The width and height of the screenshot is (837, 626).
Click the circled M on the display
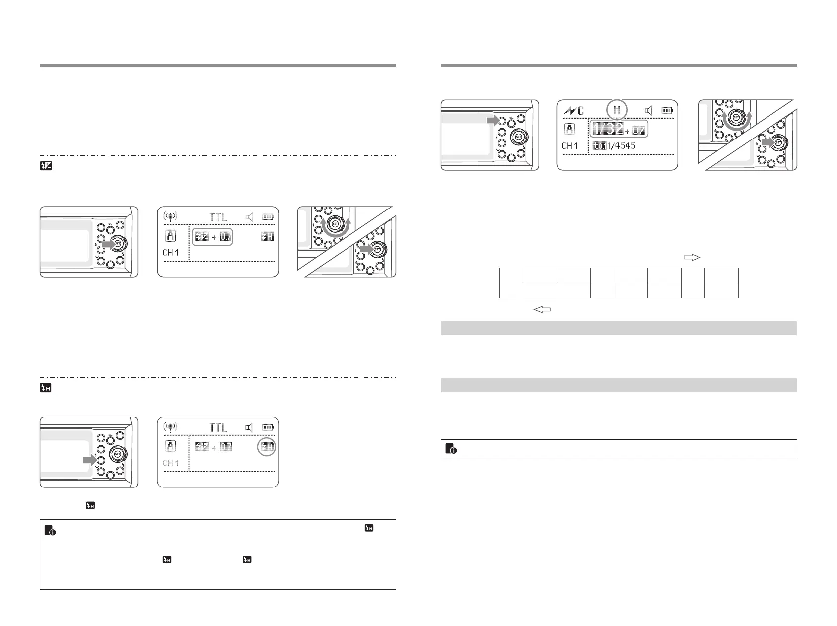[617, 110]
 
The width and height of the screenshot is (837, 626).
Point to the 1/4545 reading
[621, 146]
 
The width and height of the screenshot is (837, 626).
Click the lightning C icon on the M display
[574, 111]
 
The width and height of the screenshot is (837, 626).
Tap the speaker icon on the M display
[647, 111]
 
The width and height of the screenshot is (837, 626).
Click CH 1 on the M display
[570, 146]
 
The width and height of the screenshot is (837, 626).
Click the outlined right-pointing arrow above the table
[692, 257]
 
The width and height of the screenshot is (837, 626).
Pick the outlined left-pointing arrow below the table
[542, 310]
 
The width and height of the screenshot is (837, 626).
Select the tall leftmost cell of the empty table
[511, 283]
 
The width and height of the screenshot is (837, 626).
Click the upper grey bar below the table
[619, 328]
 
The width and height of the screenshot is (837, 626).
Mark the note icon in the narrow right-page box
[451, 448]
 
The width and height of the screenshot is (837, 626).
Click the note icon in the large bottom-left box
[50, 530]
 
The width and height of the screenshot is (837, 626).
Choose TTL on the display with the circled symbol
[218, 427]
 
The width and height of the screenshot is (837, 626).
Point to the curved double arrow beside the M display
[736, 121]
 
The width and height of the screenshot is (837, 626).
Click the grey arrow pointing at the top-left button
[493, 120]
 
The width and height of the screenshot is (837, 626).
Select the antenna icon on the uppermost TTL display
[170, 217]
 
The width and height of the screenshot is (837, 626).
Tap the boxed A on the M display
[570, 130]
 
